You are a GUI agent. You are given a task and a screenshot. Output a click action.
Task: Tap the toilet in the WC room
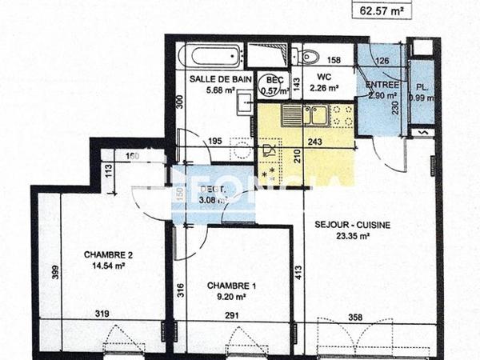pos(308,55)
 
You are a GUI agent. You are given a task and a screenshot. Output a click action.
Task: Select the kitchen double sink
pos(308,117)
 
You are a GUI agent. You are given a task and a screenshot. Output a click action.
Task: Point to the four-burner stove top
pos(342,117)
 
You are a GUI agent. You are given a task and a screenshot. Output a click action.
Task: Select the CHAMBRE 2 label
pos(108,255)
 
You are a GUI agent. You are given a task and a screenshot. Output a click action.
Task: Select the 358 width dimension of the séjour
pos(354,318)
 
